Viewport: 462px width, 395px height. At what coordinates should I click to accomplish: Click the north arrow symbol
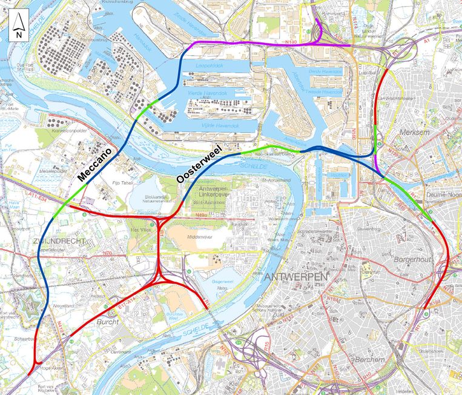(x=18, y=26)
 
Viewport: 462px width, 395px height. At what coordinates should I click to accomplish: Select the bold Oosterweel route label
(x=198, y=162)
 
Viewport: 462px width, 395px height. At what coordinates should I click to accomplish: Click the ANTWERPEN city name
(x=296, y=277)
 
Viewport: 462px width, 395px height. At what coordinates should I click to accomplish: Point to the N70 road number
(x=108, y=253)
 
